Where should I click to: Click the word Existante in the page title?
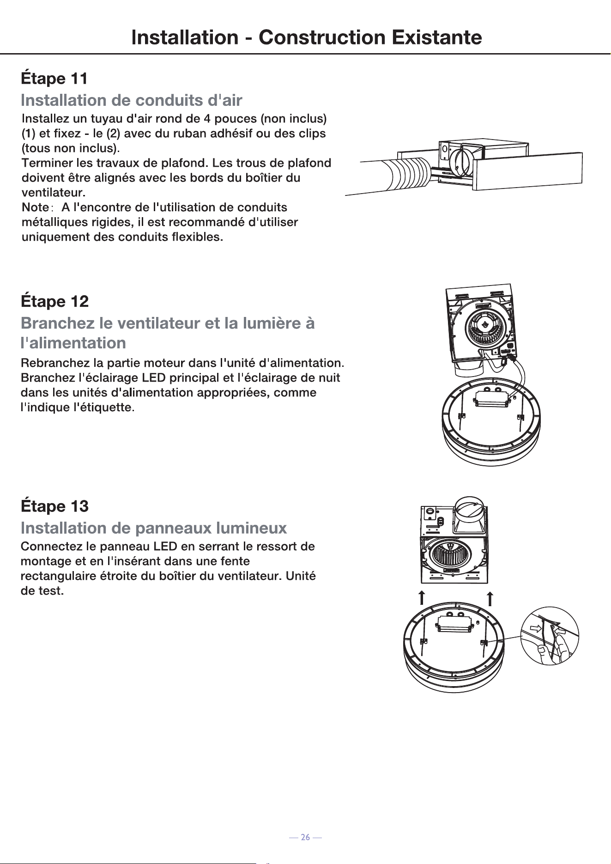(436, 37)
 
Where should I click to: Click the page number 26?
(305, 837)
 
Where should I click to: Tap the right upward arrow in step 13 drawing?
(490, 598)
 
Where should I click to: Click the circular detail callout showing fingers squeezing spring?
(550, 636)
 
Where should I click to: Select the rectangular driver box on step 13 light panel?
(453, 624)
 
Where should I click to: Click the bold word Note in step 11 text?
(35, 207)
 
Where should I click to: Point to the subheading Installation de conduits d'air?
(132, 100)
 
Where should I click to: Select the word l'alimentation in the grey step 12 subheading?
(73, 342)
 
